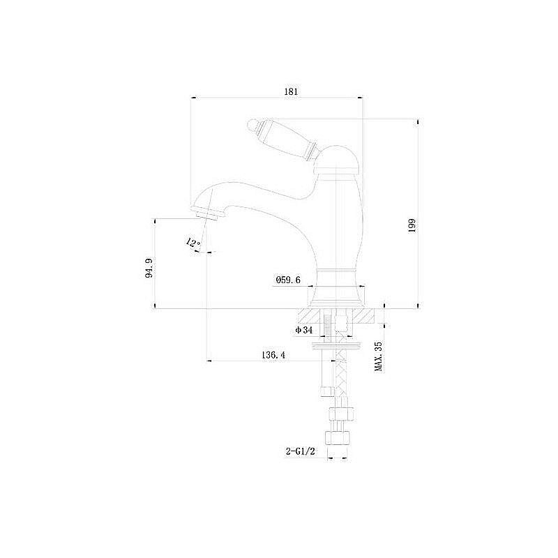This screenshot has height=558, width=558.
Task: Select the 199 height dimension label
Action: (412, 226)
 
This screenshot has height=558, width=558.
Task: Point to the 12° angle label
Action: (193, 243)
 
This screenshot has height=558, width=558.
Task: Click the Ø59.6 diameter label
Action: (288, 280)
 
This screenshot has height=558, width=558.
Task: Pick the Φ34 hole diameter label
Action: (303, 330)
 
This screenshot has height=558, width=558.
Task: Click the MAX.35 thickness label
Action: (379, 356)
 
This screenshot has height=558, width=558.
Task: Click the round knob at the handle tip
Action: (252, 126)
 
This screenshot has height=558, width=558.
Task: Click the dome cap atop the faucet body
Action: (338, 157)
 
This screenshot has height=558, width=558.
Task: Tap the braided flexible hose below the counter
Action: (341, 377)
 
